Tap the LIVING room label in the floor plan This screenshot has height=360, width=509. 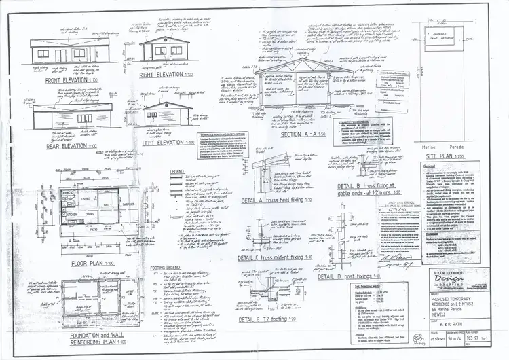(87, 198)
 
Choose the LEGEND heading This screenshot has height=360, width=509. (158, 171)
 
